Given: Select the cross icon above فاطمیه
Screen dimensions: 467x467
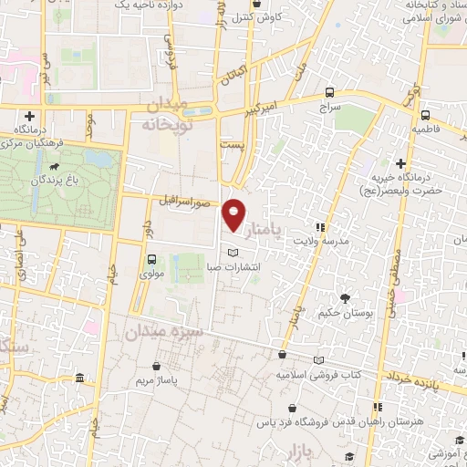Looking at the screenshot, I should pyautogui.click(x=425, y=115).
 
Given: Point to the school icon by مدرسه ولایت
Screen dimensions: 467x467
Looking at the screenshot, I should pyautogui.click(x=319, y=227).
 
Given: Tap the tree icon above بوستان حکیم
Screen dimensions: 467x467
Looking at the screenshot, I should pyautogui.click(x=345, y=298).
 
